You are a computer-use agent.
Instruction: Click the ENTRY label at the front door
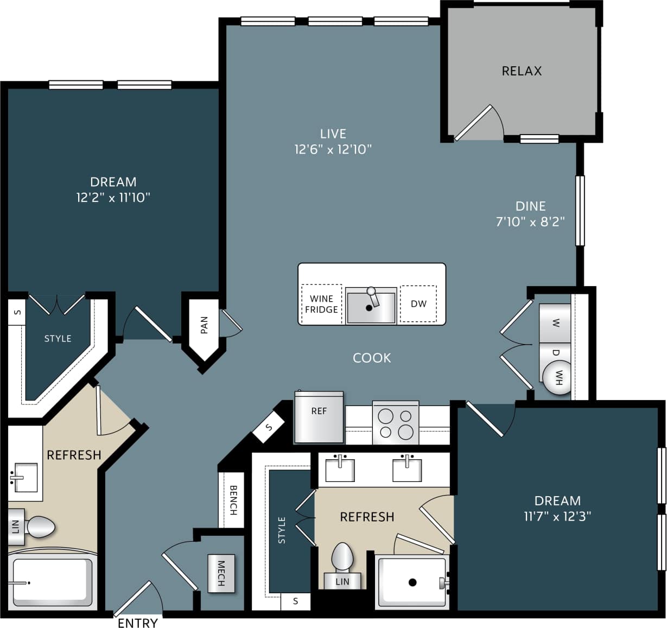tap(138, 623)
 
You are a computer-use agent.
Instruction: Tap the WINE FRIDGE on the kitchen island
tap(321, 304)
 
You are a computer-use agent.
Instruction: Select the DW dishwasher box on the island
tap(418, 303)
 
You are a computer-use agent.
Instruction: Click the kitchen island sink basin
tap(371, 307)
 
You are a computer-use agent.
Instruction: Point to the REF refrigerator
tap(319, 417)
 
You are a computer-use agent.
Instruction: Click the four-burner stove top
tap(396, 423)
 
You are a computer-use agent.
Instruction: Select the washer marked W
tap(555, 323)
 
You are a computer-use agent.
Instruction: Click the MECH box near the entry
tap(221, 573)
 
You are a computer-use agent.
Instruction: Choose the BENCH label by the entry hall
tap(232, 500)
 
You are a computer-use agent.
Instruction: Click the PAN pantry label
tap(204, 326)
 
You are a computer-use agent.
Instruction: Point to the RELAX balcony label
tap(522, 71)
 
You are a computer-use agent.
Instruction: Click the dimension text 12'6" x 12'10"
tap(333, 149)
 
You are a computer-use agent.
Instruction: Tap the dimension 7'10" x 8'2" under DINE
tap(530, 221)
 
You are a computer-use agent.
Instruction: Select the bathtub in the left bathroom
tap(53, 582)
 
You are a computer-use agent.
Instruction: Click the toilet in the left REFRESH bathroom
tap(40, 526)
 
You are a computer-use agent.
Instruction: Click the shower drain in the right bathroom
tap(412, 582)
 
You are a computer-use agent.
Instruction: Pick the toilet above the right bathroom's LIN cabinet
tap(342, 556)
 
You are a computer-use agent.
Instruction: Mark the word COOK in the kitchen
tap(372, 358)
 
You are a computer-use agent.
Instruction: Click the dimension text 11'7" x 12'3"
tap(557, 516)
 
